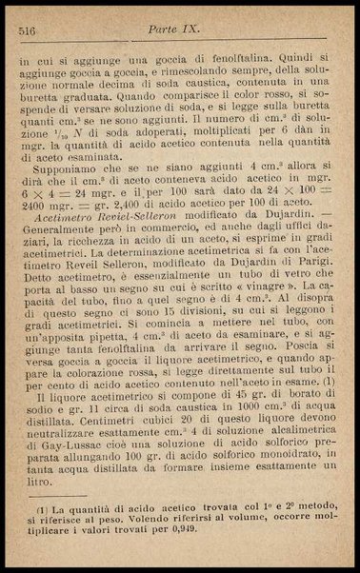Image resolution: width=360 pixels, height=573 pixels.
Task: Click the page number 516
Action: point(26,31)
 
